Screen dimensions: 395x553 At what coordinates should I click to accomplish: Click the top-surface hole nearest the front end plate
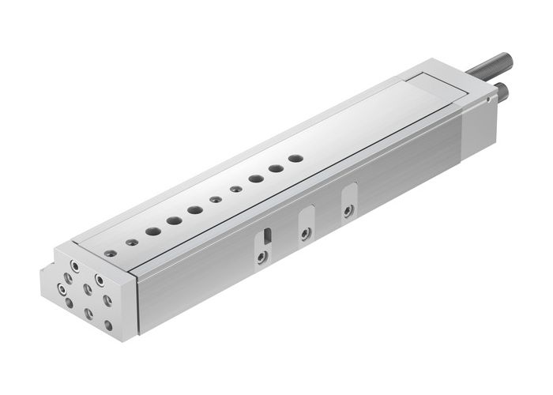tap(111, 254)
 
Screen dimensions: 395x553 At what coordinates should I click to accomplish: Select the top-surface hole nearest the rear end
tap(295, 159)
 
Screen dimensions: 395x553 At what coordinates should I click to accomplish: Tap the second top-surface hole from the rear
tap(276, 168)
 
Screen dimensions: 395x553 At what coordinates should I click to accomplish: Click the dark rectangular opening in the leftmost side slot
tap(267, 235)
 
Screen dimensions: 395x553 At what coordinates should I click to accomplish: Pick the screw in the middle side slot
tap(304, 233)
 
